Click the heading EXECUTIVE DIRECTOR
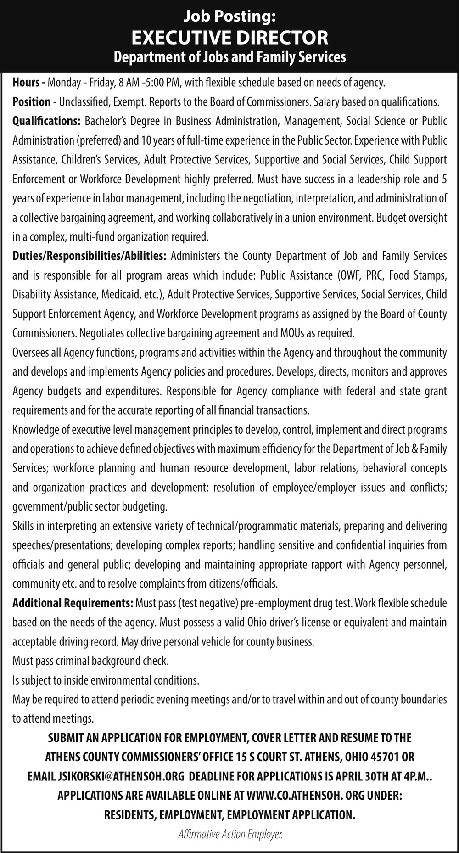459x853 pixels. point(229,37)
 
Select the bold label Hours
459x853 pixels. point(27,83)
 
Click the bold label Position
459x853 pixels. point(31,102)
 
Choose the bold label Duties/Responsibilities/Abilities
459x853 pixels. point(89,255)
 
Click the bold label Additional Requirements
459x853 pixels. point(73,602)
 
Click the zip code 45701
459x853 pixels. point(384,757)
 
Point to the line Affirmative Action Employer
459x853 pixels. point(230,834)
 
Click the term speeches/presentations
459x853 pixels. point(62,545)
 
